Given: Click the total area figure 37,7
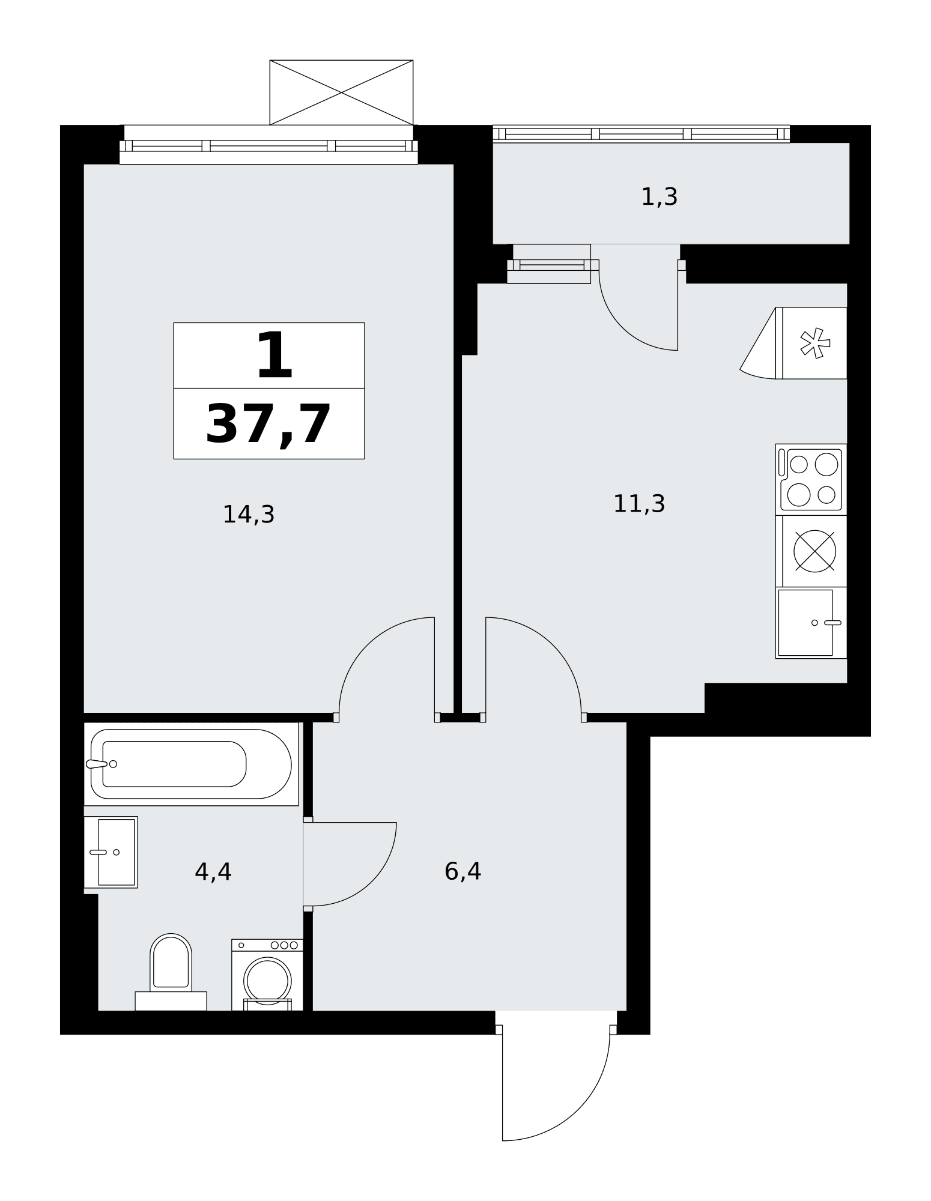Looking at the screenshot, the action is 268,425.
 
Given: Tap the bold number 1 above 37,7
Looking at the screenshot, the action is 274,355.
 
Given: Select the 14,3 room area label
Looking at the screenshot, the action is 249,515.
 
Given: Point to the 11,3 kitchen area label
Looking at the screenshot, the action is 639,504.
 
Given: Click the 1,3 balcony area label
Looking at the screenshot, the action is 660,197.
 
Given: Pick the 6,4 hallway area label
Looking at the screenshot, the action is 462,871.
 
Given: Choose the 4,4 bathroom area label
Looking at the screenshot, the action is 213,872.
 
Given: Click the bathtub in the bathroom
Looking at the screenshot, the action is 191,764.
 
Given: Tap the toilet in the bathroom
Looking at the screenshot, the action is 171,972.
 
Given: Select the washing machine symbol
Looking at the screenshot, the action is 267,975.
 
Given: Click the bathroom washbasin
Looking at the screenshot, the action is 111,852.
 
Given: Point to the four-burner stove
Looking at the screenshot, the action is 811,480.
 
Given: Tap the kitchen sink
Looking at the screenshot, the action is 811,623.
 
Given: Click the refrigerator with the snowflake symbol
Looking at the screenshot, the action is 811,343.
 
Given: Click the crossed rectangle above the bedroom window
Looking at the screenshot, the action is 341,92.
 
